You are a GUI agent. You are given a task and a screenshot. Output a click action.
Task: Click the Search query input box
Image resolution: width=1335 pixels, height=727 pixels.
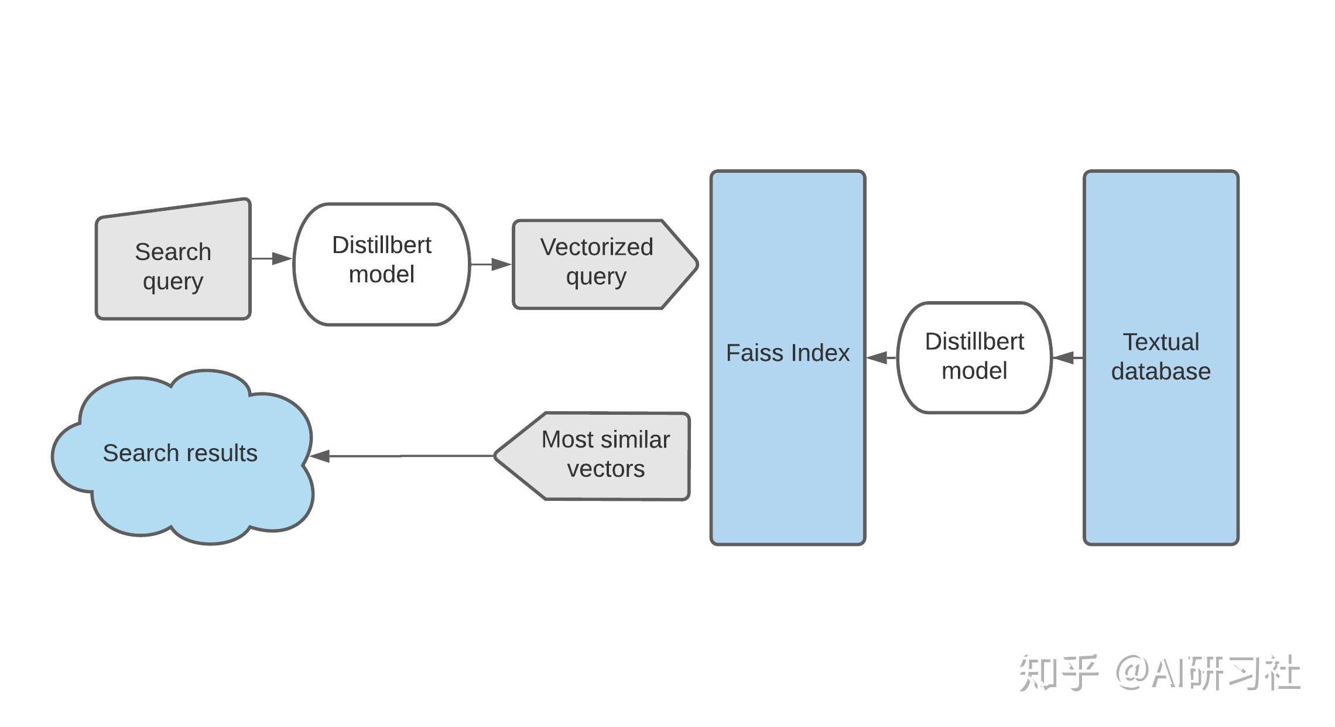pos(173,267)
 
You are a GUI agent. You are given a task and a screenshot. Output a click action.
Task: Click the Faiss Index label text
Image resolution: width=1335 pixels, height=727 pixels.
pos(787,353)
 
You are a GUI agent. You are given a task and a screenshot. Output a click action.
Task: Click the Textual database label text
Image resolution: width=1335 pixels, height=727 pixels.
pos(1161,357)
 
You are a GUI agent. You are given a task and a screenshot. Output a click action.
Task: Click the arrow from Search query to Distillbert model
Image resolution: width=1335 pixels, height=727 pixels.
pos(272,258)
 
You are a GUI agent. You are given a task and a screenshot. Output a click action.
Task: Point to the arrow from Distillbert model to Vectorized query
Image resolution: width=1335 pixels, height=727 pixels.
pos(491,264)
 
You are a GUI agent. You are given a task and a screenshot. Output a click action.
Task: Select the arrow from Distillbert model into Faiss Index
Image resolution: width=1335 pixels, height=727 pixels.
pos(881,357)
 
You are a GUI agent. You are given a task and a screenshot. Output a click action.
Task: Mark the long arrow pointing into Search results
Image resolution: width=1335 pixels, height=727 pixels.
pos(404,456)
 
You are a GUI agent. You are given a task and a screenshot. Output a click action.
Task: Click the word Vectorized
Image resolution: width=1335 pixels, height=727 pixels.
pos(596,247)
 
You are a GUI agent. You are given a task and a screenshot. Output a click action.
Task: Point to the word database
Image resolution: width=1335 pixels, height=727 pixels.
pos(1161,371)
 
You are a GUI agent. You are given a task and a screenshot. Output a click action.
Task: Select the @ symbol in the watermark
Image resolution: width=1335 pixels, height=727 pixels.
pos(1132,673)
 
